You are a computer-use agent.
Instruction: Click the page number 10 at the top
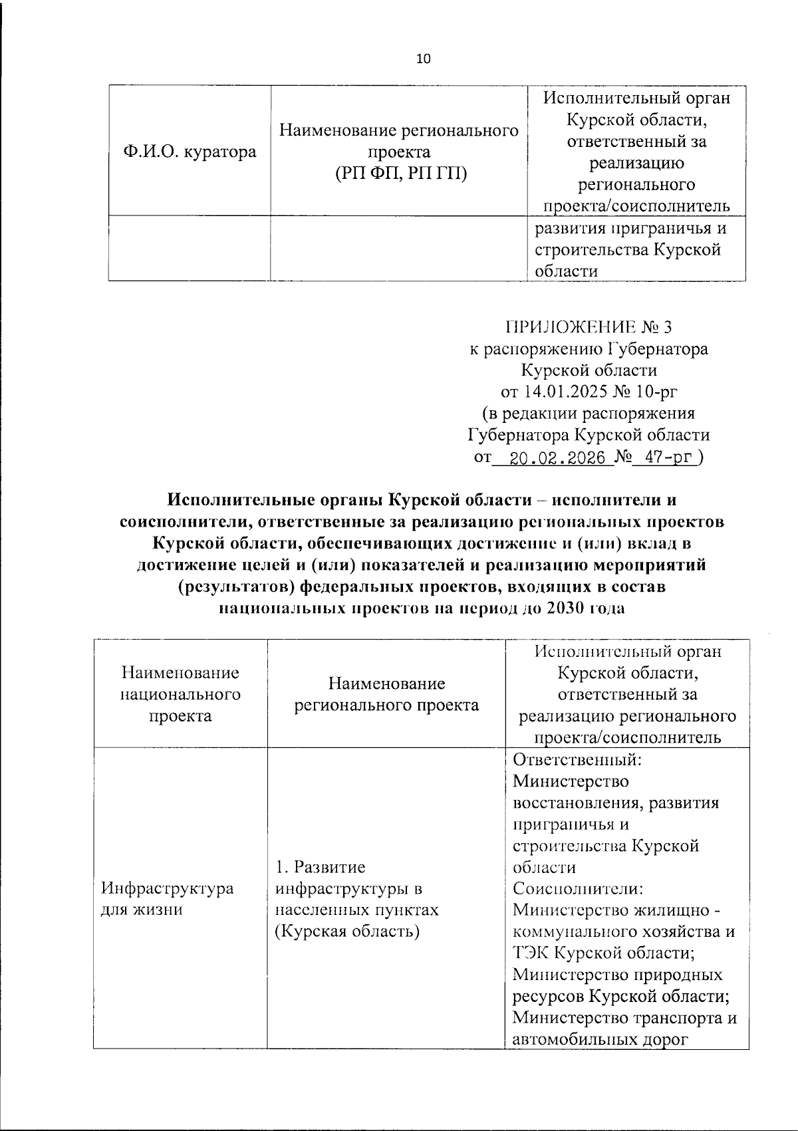423,59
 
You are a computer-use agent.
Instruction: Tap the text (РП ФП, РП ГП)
400,174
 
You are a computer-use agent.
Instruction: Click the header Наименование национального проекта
180,694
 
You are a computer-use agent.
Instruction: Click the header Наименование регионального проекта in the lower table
386,694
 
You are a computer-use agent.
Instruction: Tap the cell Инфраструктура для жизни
167,899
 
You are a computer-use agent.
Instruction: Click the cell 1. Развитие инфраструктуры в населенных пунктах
357,899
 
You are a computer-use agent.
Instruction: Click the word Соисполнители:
578,888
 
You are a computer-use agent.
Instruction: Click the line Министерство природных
618,975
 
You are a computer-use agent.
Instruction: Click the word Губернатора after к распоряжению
658,348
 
